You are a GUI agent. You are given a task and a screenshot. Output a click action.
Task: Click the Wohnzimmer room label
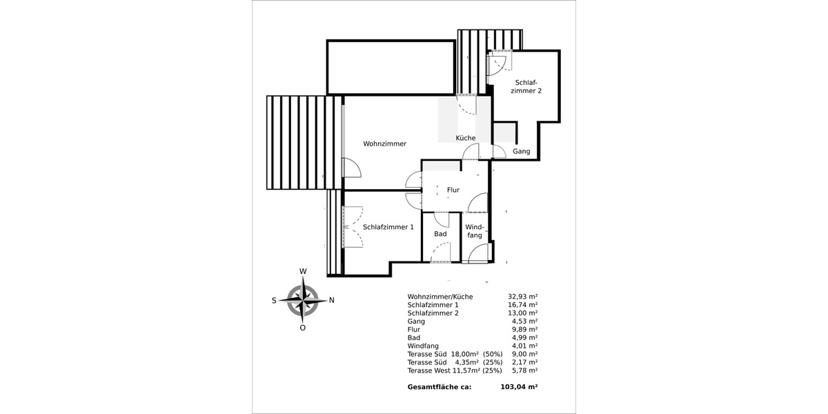pos(384,144)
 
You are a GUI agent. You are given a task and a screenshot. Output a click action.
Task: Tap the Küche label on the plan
pos(466,138)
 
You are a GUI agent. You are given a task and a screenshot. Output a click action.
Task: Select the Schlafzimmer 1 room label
pos(388,226)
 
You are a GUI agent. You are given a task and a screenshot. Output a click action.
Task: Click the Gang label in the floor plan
pos(521,151)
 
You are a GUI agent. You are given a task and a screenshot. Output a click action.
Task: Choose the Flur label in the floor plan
pos(453,190)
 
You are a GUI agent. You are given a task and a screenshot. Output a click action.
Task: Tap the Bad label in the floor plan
pos(440,234)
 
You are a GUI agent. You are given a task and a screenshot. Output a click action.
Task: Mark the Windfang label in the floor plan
pos(474,231)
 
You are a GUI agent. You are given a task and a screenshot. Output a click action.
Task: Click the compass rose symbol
pos(303,300)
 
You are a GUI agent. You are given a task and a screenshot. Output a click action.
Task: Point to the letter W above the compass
pos(302,271)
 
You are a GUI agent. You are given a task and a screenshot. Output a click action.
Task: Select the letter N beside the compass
pos(332,300)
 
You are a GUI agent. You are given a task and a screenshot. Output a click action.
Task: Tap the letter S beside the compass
pos(274,300)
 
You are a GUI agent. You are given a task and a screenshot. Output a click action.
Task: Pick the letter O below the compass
pos(302,328)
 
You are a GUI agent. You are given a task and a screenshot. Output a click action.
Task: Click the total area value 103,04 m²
pos(518,387)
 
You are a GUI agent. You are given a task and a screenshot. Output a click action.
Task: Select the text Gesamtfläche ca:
pos(440,387)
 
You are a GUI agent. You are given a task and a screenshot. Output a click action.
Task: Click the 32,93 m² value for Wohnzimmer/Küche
pos(523,296)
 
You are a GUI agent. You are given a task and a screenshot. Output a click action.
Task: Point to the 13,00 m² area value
pos(523,313)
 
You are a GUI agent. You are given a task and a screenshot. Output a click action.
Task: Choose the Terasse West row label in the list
pos(429,371)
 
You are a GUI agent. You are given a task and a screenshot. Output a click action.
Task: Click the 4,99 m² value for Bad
pos(525,337)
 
